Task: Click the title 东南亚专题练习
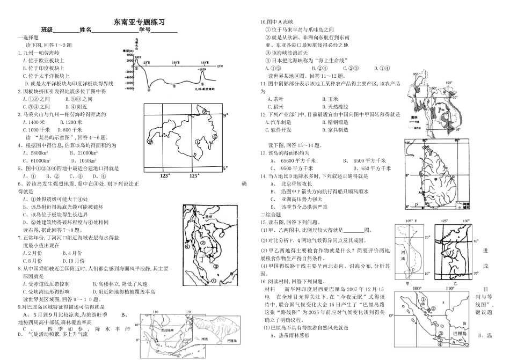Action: click(139, 22)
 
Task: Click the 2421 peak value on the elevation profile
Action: click(138, 57)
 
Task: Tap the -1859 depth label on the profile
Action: click(202, 70)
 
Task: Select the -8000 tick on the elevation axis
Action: click(128, 88)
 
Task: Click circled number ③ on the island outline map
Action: click(150, 142)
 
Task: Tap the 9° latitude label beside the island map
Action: click(226, 115)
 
